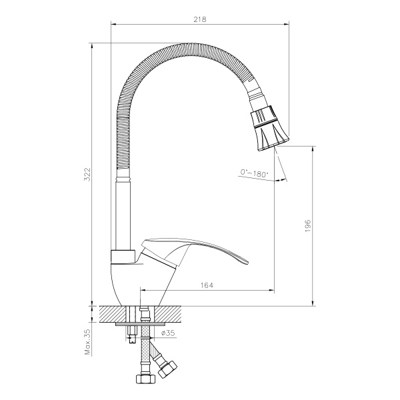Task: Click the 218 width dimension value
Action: pyautogui.click(x=199, y=19)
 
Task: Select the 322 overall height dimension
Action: pyautogui.click(x=86, y=174)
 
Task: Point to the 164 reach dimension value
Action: pyautogui.click(x=206, y=285)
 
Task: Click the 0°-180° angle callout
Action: pyautogui.click(x=253, y=174)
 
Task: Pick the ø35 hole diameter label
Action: pyautogui.click(x=167, y=332)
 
